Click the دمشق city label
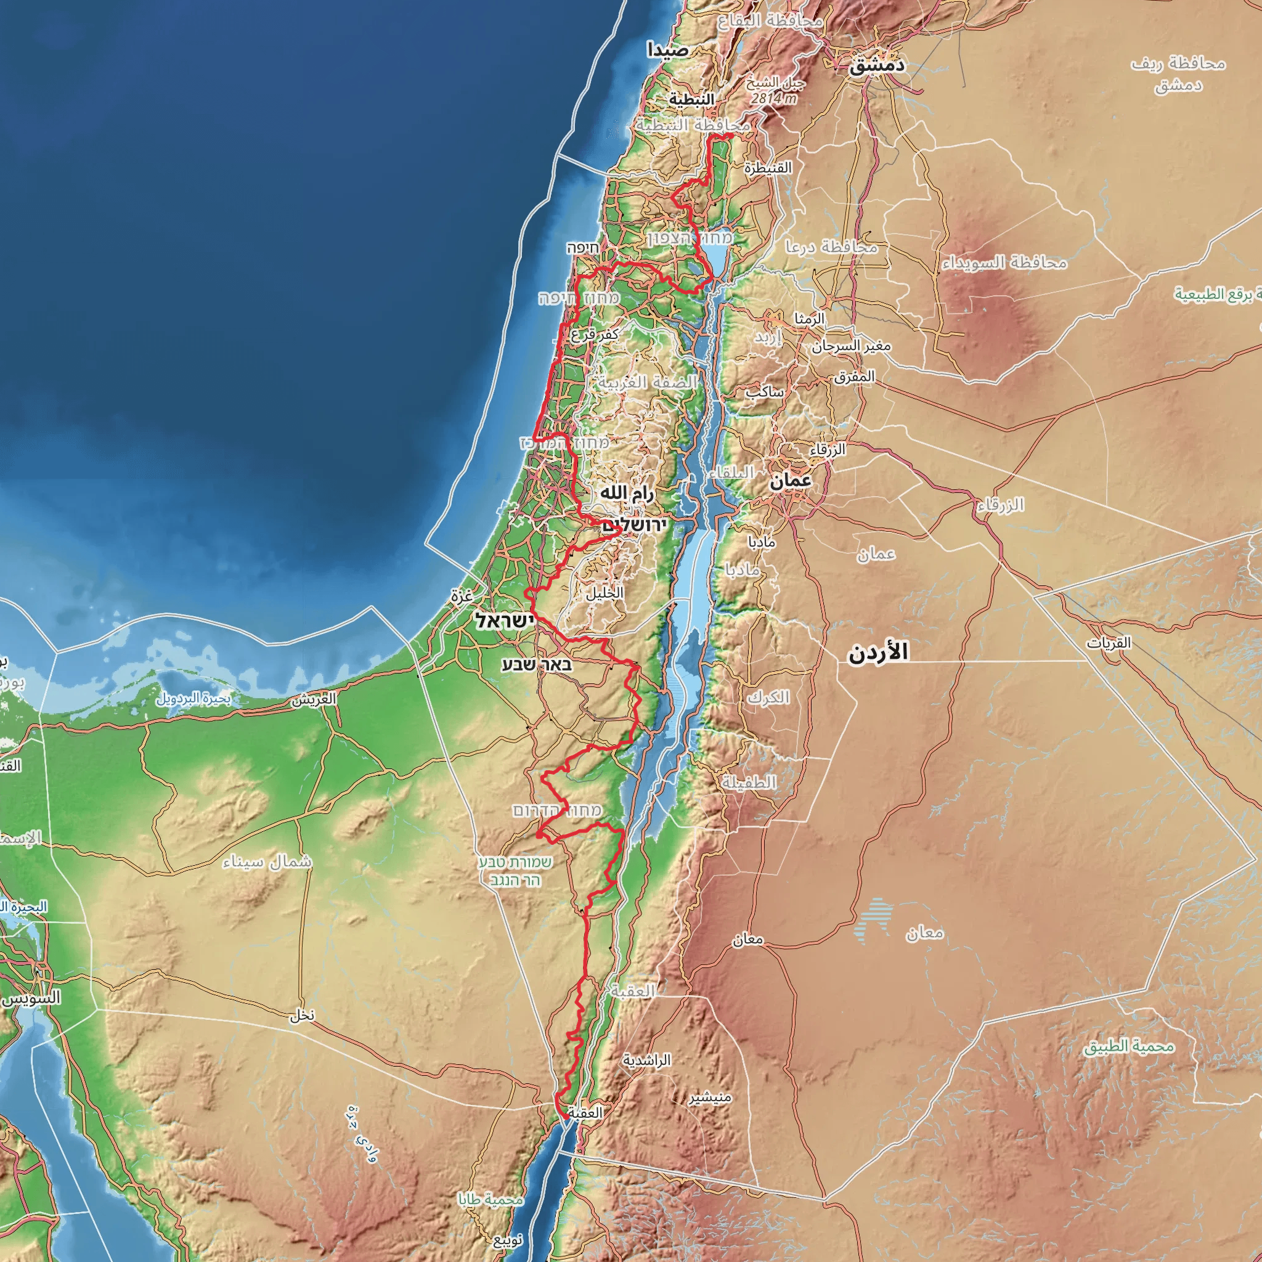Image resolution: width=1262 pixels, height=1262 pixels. tap(877, 65)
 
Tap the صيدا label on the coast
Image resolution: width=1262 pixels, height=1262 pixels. tap(667, 50)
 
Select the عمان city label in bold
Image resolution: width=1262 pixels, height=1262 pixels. tap(791, 481)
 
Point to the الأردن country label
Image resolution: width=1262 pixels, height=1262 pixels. tap(879, 653)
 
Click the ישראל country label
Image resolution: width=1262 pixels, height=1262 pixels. tap(504, 621)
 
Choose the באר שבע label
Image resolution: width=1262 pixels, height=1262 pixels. tap(537, 665)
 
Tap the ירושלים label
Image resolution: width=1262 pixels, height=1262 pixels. tap(633, 524)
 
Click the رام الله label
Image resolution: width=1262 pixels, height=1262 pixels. tap(627, 494)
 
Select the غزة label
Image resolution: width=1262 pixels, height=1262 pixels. tap(461, 596)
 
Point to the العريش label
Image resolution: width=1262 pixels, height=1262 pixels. tap(314, 699)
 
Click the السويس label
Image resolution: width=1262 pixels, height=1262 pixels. tap(31, 998)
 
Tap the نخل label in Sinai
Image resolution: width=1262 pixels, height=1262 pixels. tap(303, 1015)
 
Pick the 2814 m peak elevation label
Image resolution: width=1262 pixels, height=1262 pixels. tap(773, 99)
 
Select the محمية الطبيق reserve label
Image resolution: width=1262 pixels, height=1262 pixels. tap(1130, 1046)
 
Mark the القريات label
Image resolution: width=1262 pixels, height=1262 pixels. tap(1109, 643)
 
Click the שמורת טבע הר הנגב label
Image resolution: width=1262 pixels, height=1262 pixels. tap(515, 871)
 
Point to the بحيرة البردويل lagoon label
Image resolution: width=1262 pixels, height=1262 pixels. tap(193, 698)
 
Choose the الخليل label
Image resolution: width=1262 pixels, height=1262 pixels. tap(605, 593)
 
